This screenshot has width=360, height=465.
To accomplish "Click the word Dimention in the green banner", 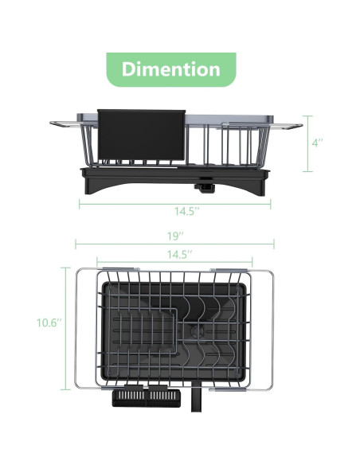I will pyautogui.click(x=170, y=69).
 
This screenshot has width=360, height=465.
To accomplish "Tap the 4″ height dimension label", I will pyautogui.click(x=317, y=143).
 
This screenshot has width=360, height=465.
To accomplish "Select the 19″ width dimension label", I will pyautogui.click(x=175, y=236).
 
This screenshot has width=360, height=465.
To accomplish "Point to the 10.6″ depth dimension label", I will pyautogui.click(x=48, y=322).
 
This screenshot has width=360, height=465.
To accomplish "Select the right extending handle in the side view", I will pyautogui.click(x=291, y=125).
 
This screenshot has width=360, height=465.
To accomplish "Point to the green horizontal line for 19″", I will pyautogui.click(x=174, y=245).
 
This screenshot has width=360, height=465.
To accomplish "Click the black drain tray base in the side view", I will pyautogui.click(x=175, y=179).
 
